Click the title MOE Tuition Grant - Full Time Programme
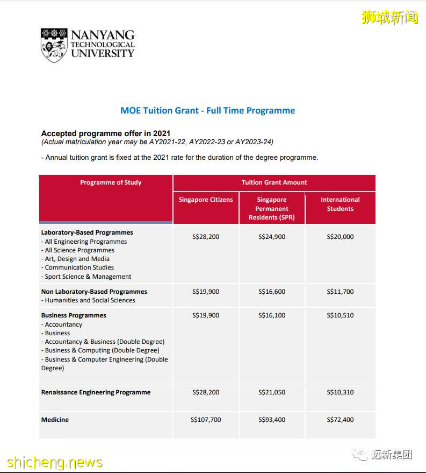click(x=207, y=110)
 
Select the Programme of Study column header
click(x=111, y=182)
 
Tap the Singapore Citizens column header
click(x=206, y=200)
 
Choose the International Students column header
click(x=340, y=204)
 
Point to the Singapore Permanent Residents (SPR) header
click(x=272, y=208)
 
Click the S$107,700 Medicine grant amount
click(x=206, y=420)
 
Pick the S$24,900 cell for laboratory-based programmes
click(x=272, y=237)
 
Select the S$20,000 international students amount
click(x=340, y=237)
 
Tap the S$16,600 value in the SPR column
click(x=272, y=292)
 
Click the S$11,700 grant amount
click(x=340, y=292)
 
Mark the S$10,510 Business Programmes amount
click(x=340, y=315)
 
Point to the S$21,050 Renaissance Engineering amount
click(x=272, y=392)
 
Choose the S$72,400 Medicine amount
click(x=340, y=420)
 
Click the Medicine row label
click(x=55, y=420)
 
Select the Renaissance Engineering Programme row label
click(x=96, y=392)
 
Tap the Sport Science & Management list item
click(x=88, y=277)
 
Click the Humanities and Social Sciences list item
click(x=90, y=300)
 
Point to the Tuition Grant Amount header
click(x=274, y=182)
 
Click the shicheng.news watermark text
click(x=54, y=462)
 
